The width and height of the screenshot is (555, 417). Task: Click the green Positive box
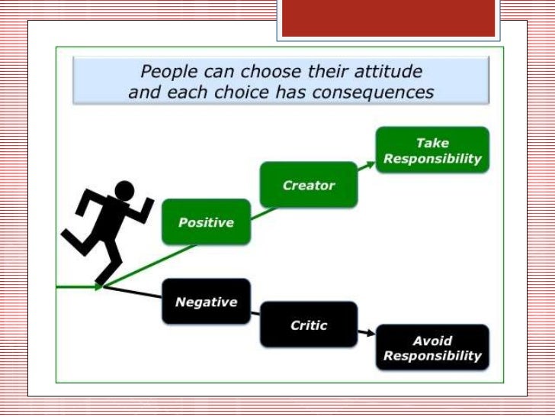pos(206,222)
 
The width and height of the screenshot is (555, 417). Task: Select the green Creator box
pos(308,185)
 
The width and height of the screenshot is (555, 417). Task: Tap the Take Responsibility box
pos(432,150)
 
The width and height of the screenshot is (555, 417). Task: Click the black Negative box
pos(206,301)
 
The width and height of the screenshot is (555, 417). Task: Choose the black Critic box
pos(309,325)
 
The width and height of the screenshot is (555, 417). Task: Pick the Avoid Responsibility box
pos(432,348)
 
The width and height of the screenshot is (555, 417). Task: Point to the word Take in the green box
pos(432,143)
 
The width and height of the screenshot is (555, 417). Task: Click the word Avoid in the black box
pos(432,341)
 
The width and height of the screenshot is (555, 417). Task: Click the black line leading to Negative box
pos(133,293)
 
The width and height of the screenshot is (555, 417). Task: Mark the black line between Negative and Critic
pos(257,311)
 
